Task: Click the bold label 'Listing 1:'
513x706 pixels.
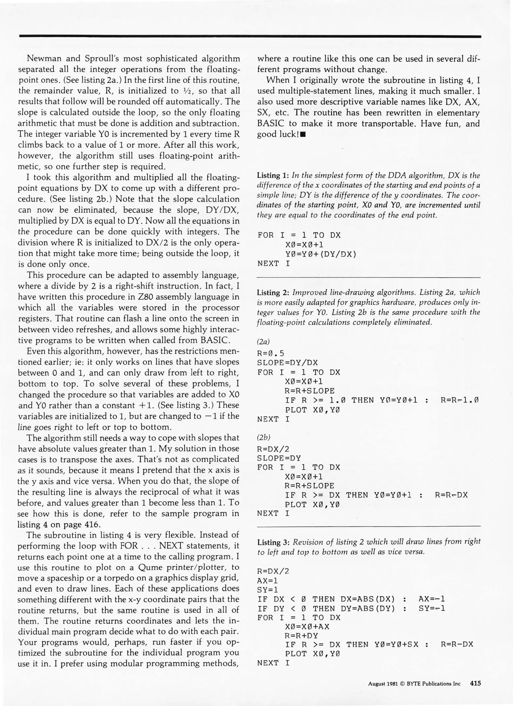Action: pos(273,176)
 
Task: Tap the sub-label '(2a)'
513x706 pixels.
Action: pos(263,342)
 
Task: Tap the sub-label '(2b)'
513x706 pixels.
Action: pos(263,437)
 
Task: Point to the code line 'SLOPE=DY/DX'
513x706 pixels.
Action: pos(287,363)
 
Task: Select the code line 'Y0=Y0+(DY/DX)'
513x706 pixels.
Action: pos(320,254)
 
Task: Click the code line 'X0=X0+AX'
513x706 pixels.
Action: pos(307,627)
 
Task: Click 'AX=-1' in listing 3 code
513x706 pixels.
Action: pos(431,599)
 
